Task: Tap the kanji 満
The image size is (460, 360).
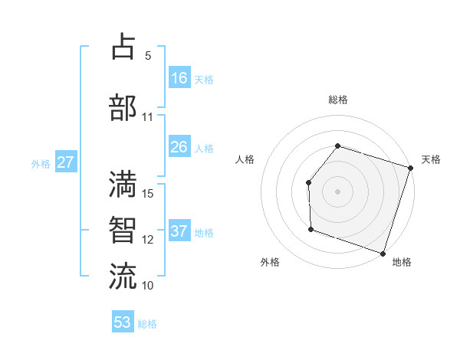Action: point(123,185)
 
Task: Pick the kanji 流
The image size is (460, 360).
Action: point(123,276)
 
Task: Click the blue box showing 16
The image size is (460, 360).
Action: point(179,78)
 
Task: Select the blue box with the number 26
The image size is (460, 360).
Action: point(179,147)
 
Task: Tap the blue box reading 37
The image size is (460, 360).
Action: point(179,231)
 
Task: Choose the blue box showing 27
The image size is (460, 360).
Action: point(65,162)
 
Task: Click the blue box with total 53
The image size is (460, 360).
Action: point(123,322)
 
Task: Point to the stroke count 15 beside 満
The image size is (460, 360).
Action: point(149,194)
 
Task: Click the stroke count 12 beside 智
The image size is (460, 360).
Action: point(149,239)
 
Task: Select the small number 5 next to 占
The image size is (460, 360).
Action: point(148,56)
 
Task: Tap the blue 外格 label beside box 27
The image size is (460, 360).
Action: point(41,163)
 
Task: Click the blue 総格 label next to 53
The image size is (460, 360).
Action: point(148,324)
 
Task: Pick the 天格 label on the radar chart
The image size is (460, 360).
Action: point(431,159)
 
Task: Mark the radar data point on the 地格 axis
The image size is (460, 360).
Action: point(383,253)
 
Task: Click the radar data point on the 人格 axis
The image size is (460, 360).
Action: point(308,182)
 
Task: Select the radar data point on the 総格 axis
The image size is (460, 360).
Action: point(337,146)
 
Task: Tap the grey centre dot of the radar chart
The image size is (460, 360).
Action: point(337,191)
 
